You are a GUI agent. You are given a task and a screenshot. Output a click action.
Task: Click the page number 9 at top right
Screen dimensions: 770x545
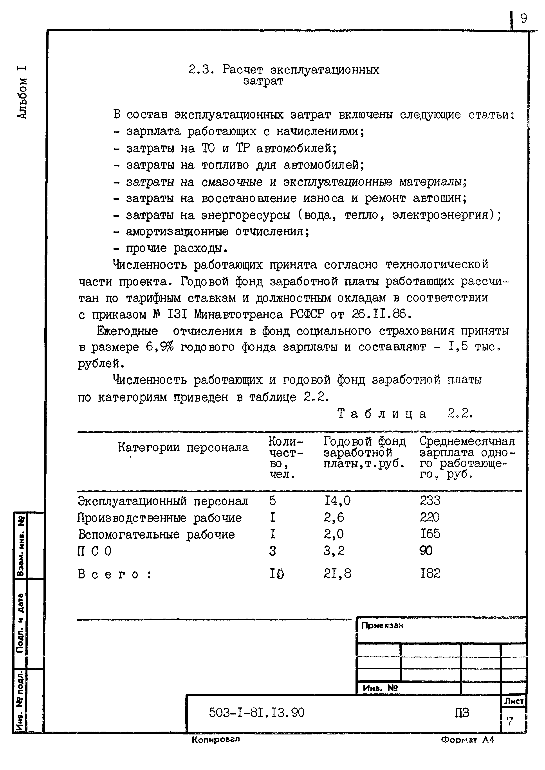523,18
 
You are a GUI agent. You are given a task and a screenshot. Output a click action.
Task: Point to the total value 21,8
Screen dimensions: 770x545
337,574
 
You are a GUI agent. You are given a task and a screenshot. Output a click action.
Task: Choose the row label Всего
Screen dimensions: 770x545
114,574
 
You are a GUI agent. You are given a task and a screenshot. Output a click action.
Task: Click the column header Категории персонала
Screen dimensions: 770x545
183,447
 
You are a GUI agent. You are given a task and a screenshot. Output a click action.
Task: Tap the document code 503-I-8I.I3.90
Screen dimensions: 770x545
257,713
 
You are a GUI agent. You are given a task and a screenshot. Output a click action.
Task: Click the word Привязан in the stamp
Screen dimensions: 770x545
382,625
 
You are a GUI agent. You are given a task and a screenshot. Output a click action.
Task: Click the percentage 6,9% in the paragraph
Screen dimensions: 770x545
160,347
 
